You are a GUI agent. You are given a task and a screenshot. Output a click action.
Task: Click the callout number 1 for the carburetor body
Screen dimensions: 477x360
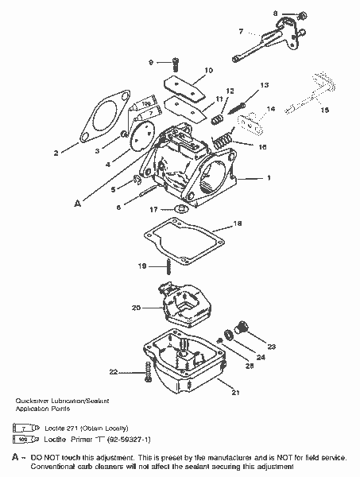[269, 177]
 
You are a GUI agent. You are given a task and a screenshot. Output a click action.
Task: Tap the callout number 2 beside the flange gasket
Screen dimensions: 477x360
[55, 151]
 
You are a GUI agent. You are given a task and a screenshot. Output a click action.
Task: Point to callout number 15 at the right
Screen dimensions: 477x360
[325, 110]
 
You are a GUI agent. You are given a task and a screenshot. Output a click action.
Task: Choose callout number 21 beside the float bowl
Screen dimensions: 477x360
[235, 392]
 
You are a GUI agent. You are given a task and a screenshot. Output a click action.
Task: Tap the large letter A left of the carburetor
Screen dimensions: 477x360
[77, 204]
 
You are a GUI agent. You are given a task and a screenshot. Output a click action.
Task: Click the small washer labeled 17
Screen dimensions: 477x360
[180, 209]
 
